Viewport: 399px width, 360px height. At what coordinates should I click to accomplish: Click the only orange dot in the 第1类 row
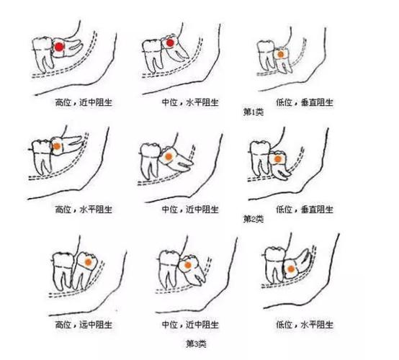point(279,53)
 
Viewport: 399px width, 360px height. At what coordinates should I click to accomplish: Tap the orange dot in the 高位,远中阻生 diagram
point(87,264)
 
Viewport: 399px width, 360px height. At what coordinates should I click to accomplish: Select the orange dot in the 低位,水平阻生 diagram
point(291,270)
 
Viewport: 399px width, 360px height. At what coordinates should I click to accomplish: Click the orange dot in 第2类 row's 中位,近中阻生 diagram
point(167,156)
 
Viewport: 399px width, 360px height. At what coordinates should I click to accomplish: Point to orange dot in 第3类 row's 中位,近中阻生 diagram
point(187,266)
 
